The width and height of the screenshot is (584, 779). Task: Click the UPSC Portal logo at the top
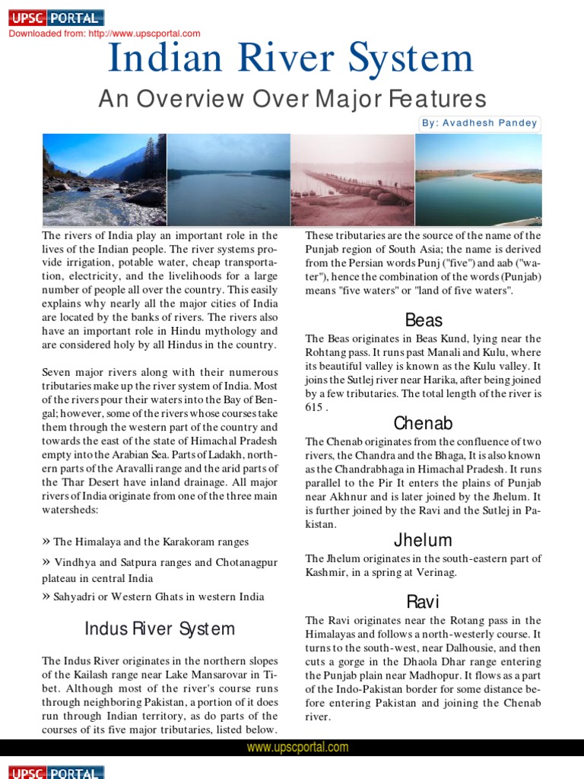tap(56, 18)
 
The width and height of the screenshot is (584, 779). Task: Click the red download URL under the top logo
tap(104, 33)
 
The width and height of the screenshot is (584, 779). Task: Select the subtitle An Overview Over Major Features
tap(292, 98)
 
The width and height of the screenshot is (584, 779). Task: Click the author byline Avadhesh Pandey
tap(480, 123)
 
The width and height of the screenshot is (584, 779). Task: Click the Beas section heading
tap(424, 320)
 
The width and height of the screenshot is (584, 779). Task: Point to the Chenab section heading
tap(423, 423)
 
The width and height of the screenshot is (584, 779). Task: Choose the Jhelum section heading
tap(423, 540)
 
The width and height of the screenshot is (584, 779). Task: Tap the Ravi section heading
tap(423, 603)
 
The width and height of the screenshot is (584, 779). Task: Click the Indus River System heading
tap(160, 629)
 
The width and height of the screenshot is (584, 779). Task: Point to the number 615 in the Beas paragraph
tap(314, 407)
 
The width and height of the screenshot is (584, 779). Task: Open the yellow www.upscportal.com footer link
tap(297, 748)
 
